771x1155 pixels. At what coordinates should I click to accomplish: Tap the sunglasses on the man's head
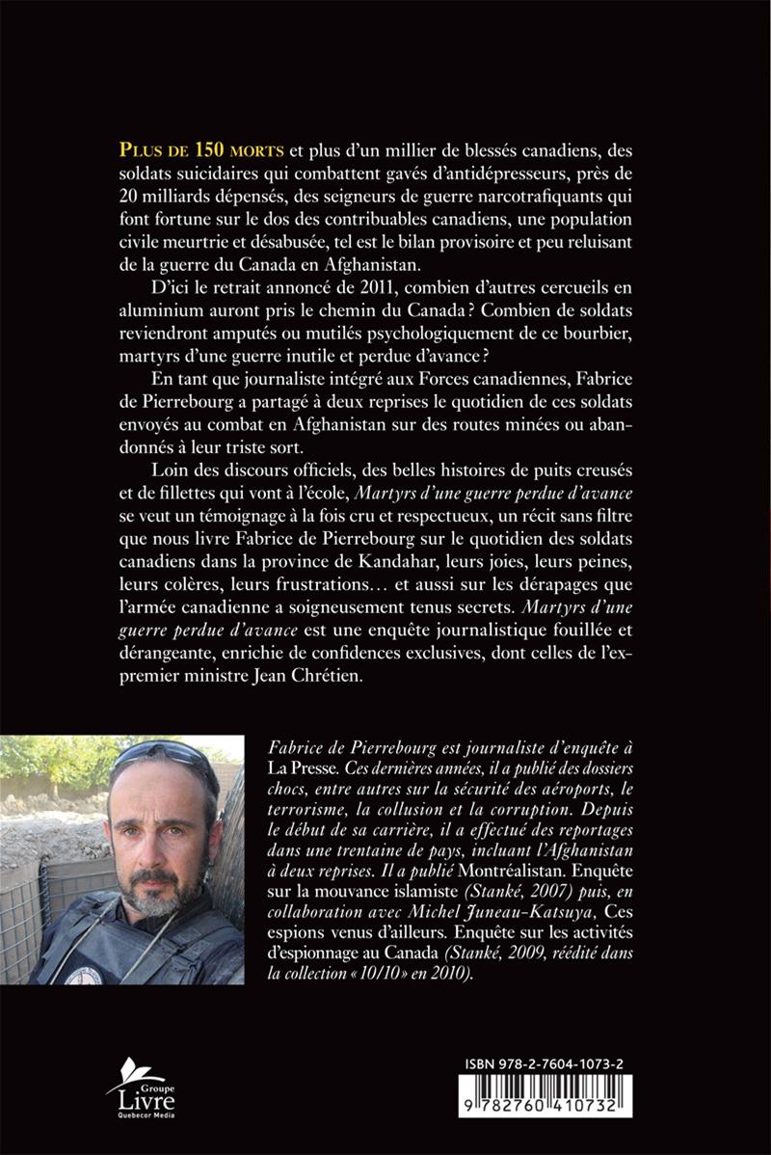(x=161, y=755)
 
